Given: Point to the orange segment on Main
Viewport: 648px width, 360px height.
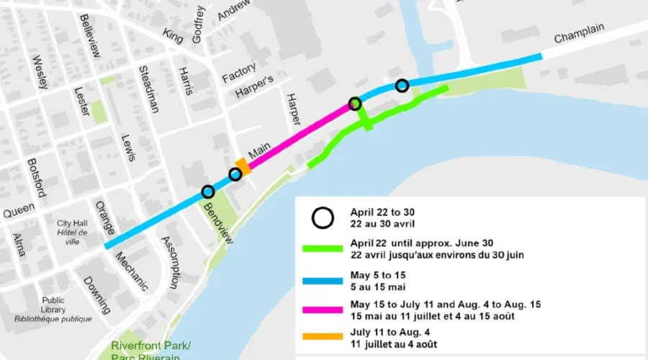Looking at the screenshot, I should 243,167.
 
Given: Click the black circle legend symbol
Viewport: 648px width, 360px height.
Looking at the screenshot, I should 323,217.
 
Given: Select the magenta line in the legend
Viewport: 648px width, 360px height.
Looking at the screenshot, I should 323,310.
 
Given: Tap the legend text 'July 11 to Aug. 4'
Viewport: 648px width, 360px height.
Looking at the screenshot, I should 395,333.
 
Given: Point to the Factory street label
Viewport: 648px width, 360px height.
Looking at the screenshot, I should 239,72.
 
